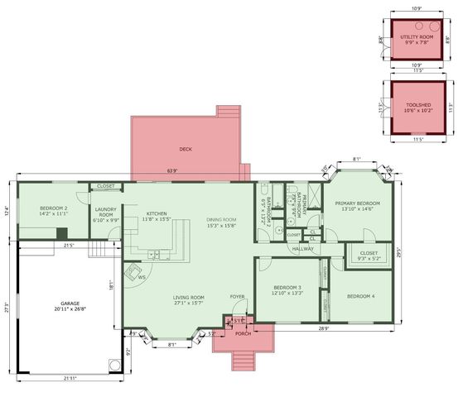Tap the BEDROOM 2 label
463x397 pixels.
click(46, 210)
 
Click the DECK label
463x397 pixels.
click(186, 150)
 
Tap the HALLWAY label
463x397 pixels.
click(302, 248)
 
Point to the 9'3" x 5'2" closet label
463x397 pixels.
click(369, 256)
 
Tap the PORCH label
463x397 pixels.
click(242, 334)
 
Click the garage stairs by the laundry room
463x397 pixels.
click(99, 248)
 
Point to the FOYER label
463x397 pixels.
click(238, 297)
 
